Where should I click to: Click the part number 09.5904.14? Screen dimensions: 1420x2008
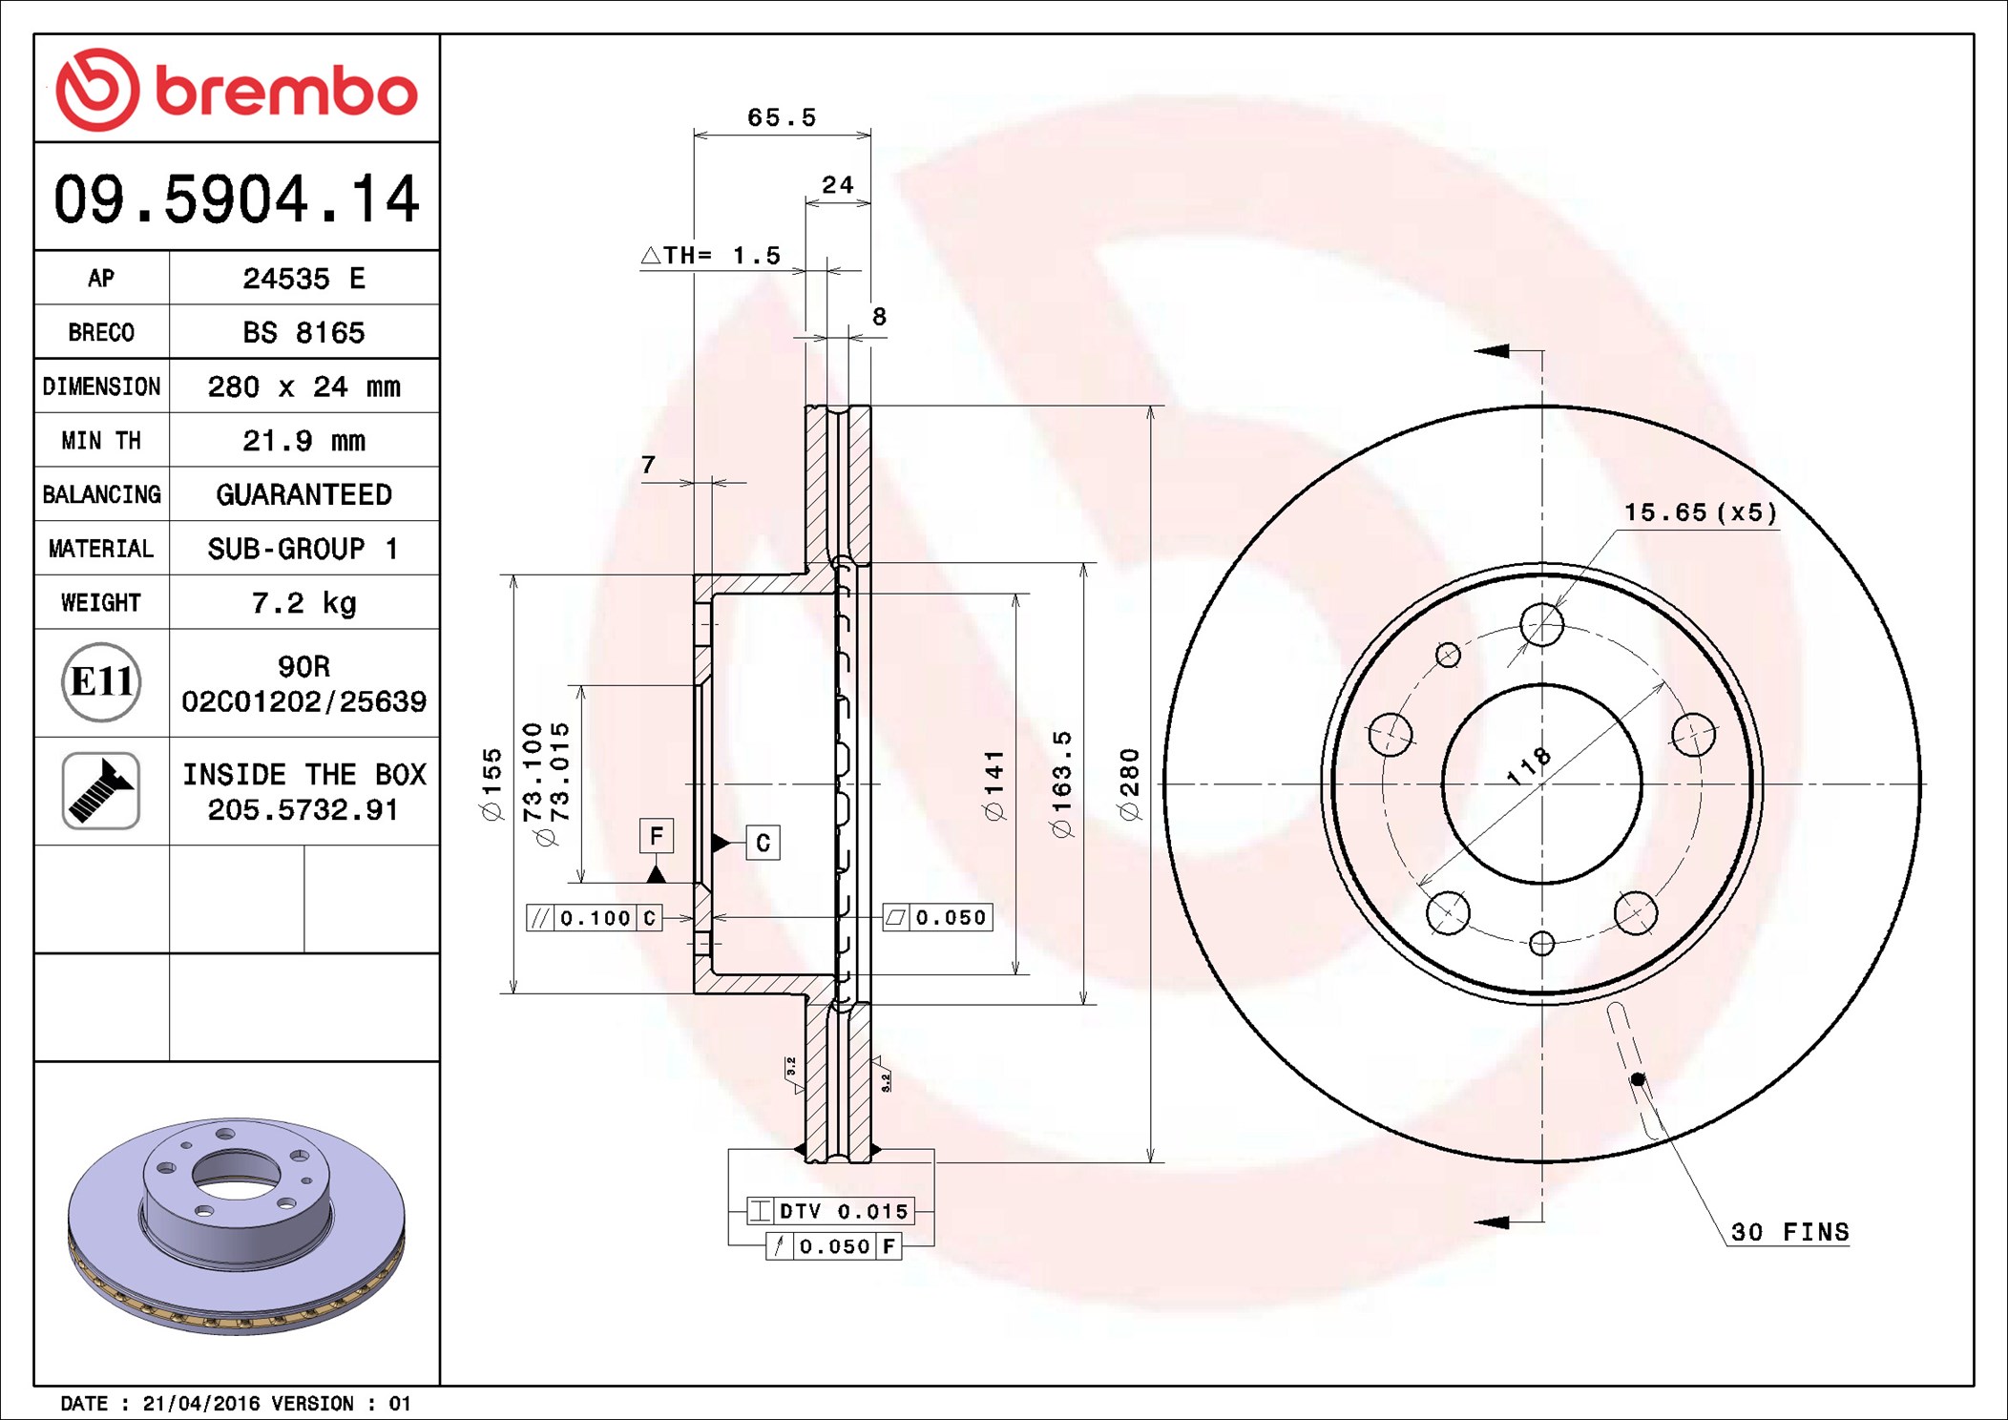coord(237,199)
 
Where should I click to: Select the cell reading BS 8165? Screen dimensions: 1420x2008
coord(303,332)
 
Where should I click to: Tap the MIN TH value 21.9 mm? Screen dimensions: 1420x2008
coord(303,440)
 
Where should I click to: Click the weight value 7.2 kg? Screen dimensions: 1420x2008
coord(303,602)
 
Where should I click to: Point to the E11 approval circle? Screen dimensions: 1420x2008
coord(101,682)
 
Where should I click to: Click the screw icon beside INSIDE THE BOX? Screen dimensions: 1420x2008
coord(101,790)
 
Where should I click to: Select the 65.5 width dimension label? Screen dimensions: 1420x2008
coord(782,117)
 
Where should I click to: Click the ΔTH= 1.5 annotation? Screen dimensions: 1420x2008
coord(711,256)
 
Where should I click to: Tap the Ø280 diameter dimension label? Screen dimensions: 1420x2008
coord(1130,784)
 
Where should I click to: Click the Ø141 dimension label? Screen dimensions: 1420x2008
coord(994,784)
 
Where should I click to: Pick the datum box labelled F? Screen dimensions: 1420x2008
coord(656,836)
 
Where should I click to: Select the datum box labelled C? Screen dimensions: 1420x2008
coord(763,843)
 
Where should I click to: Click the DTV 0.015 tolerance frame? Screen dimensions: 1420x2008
coord(831,1211)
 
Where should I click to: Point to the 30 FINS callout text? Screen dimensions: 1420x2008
coord(1789,1232)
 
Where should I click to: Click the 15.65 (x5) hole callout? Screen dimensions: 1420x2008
coord(1700,512)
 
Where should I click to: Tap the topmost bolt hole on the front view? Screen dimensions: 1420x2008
coord(1541,625)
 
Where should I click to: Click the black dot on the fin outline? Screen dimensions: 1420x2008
coord(1638,1079)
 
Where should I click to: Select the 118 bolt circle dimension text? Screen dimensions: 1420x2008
coord(1528,766)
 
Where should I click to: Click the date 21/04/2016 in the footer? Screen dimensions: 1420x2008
coord(200,1403)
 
